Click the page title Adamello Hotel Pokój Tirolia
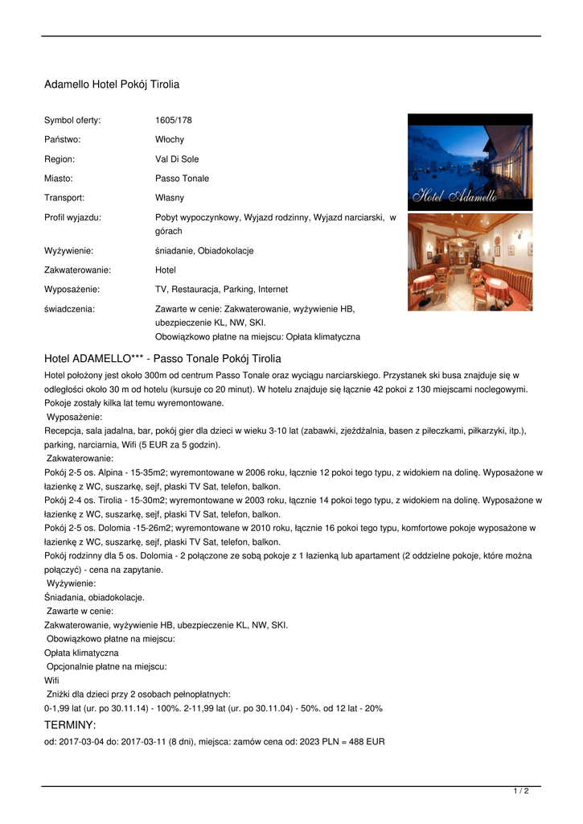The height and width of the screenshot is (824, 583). [x=111, y=84]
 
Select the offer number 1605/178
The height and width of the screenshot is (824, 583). [x=173, y=121]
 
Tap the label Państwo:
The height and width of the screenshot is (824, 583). [x=62, y=140]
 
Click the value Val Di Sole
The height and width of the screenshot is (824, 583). [x=177, y=159]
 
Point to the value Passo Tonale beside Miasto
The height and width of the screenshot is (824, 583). [x=182, y=179]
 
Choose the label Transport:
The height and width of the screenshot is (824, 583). [x=64, y=198]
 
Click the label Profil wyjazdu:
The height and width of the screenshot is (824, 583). [x=72, y=217]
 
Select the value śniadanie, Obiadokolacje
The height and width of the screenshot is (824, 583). [x=204, y=251]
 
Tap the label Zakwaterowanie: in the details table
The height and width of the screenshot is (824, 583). [x=77, y=270]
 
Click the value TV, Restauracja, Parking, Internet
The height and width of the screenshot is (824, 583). [x=221, y=290]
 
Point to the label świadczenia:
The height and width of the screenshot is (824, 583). [x=69, y=309]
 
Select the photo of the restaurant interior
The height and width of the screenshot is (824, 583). [x=470, y=262]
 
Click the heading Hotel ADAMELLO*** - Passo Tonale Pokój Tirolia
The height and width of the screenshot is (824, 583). [x=162, y=359]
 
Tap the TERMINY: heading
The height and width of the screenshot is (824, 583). [x=70, y=726]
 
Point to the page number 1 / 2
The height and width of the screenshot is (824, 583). [x=520, y=792]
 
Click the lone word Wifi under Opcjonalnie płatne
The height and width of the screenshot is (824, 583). [x=51, y=681]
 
